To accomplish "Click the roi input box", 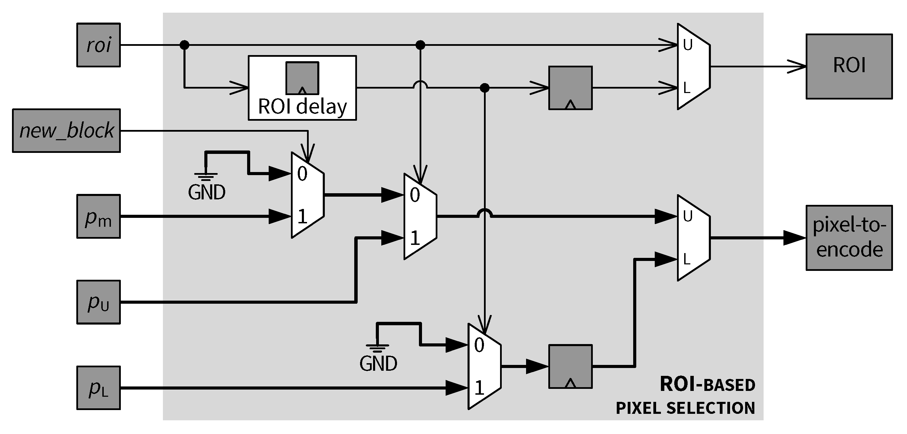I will [x=99, y=45].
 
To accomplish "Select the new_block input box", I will [x=66, y=131].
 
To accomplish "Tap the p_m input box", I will [x=99, y=216].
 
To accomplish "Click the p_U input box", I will [x=99, y=302].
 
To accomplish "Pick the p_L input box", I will [x=99, y=387].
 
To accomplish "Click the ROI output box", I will [x=849, y=66].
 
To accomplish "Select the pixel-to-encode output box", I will [x=849, y=238].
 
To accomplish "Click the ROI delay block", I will [x=302, y=88].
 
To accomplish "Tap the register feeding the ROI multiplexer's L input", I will [x=571, y=88].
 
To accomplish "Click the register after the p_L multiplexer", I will [x=571, y=366].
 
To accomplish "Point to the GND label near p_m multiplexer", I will [x=207, y=193].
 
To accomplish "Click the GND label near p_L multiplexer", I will [x=378, y=364].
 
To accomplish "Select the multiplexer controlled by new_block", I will [x=307, y=195].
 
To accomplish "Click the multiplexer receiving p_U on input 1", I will [x=420, y=216].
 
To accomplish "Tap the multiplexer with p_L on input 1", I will [x=484, y=367].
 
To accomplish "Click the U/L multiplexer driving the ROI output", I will [x=693, y=66].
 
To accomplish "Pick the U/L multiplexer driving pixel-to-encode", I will [x=693, y=238].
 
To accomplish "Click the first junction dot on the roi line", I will [x=184, y=45].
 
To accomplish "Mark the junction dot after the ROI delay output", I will [x=485, y=88].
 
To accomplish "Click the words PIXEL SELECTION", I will [x=685, y=408].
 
